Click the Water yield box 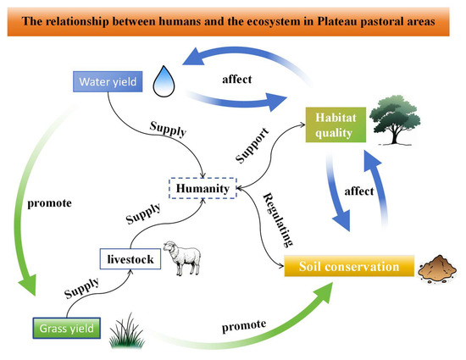click(x=108, y=81)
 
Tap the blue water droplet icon click(x=164, y=81)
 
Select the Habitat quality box click(x=336, y=125)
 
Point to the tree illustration click(x=395, y=120)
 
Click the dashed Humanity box click(x=203, y=188)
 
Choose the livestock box click(x=130, y=259)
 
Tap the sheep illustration click(x=182, y=258)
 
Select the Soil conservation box click(x=349, y=266)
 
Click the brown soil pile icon click(x=437, y=269)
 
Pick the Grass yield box click(x=67, y=328)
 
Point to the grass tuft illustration click(x=127, y=331)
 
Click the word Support click(x=252, y=146)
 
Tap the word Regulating click(x=279, y=220)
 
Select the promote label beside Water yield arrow click(x=50, y=204)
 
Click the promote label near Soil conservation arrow click(x=244, y=325)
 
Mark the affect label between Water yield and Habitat click(x=237, y=80)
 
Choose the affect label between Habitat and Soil click(x=359, y=191)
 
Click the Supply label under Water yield click(x=169, y=129)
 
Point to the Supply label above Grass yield click(x=81, y=288)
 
